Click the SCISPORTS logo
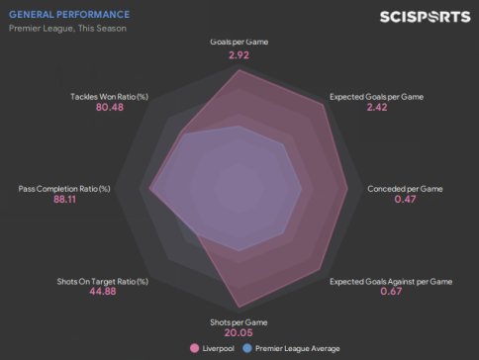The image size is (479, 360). pos(425,17)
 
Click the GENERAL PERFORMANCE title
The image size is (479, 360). pos(69,15)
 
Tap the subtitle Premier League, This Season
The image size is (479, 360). pos(67,29)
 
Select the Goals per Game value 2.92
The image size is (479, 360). pos(239,55)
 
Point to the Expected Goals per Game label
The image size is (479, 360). pos(376,97)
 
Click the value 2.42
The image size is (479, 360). pos(377,107)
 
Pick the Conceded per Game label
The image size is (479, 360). pos(405,189)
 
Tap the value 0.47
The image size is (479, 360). pos(405,199)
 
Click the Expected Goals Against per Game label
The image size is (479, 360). pos(391,282)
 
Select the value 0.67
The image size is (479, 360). pos(391,292)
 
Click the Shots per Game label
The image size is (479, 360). pos(239,322)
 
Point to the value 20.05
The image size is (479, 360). pos(239,332)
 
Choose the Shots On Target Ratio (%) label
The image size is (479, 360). pos(103,282)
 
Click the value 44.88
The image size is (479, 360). pos(103,292)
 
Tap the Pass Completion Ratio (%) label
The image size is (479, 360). pos(64,189)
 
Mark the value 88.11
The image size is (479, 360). pos(64,199)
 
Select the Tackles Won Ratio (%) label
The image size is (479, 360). pos(110,97)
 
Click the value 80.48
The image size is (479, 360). pos(110,107)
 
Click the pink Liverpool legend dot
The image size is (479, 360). pos(195,348)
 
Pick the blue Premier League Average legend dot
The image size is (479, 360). pos(247,348)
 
